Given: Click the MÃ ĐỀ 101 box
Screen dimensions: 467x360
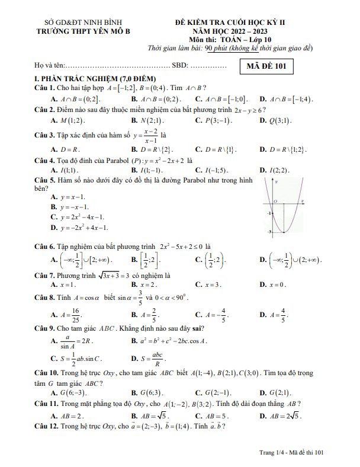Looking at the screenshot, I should coord(266,66).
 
